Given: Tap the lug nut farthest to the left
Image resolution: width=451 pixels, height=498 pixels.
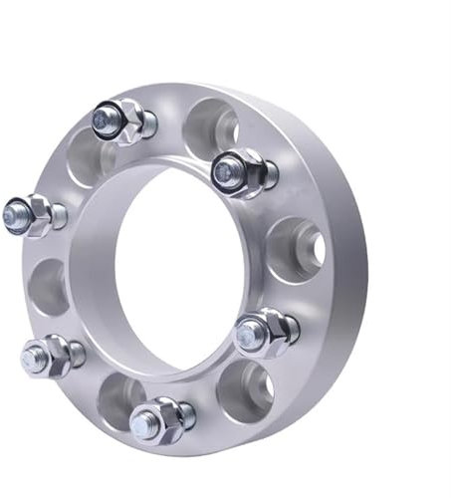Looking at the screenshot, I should click(32, 213).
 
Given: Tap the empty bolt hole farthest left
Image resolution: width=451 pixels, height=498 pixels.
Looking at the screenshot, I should click(49, 287).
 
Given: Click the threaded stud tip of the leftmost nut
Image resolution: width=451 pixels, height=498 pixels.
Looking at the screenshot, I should click(14, 212).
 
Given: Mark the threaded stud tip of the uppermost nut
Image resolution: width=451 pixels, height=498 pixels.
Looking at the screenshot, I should click(102, 121).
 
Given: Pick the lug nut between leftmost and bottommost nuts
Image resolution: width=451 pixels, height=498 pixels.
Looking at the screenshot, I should click(50, 353).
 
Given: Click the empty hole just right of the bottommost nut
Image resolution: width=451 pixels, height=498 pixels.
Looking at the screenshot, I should click(244, 388).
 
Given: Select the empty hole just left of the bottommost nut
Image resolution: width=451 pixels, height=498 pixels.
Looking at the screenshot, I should click(117, 399).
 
